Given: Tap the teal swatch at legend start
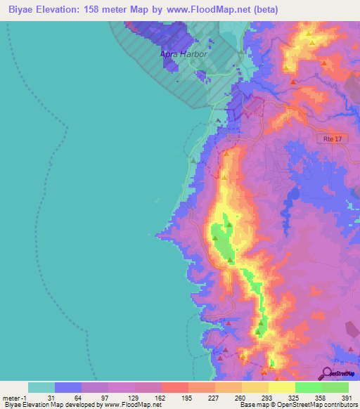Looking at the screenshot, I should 41,387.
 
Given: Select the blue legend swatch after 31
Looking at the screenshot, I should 68,387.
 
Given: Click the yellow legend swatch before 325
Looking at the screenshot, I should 281,387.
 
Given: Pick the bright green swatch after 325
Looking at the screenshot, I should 308,387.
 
